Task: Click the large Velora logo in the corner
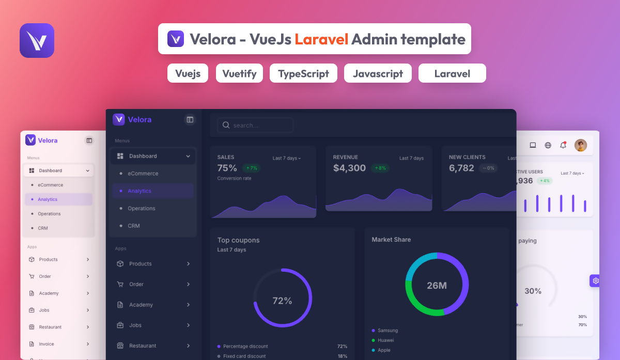pos(37,40)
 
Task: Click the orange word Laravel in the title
pos(321,39)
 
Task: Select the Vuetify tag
pos(239,73)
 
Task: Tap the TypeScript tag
pos(303,73)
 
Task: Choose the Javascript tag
pos(378,73)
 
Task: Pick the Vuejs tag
pos(188,73)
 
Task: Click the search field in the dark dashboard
pos(256,126)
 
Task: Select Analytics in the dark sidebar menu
pos(139,191)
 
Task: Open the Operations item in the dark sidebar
pos(142,209)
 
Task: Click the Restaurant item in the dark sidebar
pos(143,346)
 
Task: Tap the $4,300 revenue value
pos(349,168)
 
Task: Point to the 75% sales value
pos(227,168)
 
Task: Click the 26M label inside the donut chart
pos(437,285)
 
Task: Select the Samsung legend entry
pos(388,331)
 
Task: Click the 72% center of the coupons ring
pos(282,301)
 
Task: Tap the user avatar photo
pos(581,145)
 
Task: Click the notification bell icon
pos(563,145)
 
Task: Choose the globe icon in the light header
pos(548,145)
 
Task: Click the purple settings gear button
pos(595,281)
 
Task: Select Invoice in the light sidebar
pos(47,344)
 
